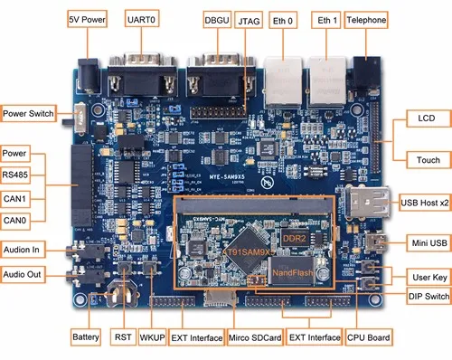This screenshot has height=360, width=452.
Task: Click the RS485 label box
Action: [21, 175]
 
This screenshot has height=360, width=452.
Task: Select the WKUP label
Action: [151, 337]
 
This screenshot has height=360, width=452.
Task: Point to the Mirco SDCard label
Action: [253, 337]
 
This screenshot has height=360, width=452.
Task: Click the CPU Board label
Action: [369, 337]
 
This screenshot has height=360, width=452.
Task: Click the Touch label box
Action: [428, 160]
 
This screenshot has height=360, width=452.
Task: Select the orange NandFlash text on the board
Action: [293, 272]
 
